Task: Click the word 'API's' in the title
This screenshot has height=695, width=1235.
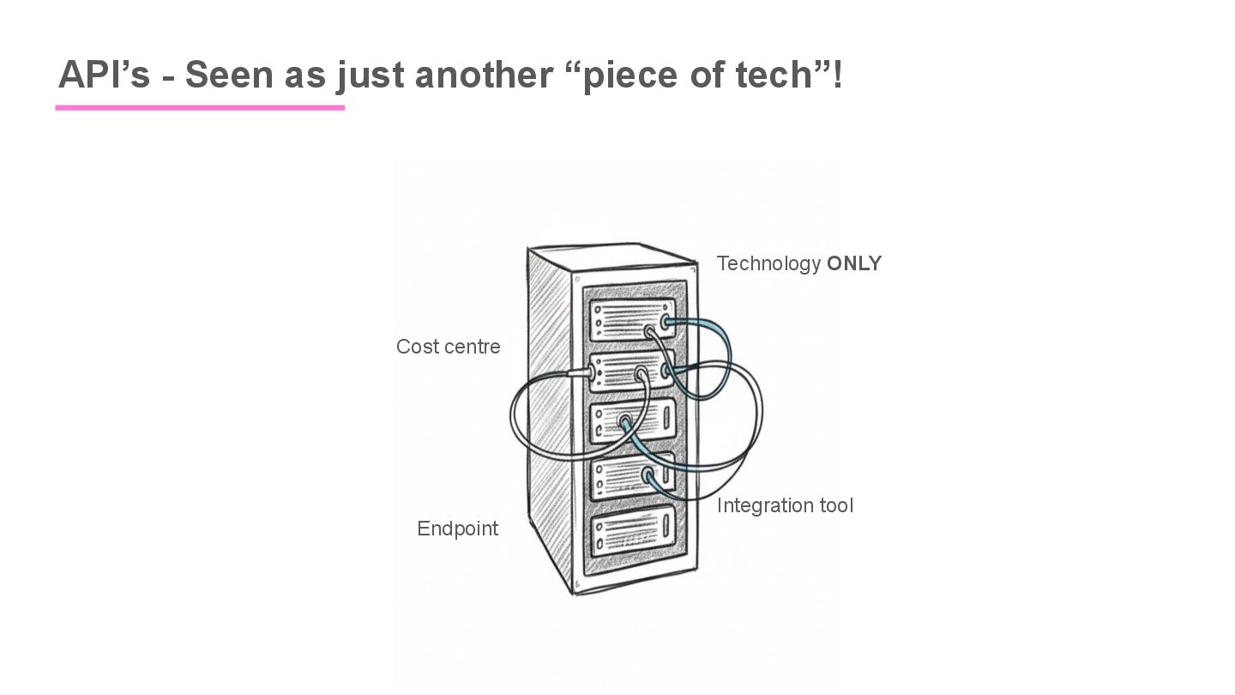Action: click(x=104, y=75)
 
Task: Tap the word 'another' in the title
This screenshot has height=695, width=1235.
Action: click(x=484, y=75)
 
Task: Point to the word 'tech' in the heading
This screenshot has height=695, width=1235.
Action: click(x=773, y=75)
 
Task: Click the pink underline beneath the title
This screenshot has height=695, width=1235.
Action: click(x=200, y=108)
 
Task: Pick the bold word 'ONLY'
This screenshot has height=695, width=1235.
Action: click(x=854, y=263)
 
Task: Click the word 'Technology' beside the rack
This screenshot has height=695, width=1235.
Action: click(x=768, y=263)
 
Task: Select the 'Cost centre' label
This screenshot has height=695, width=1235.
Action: click(x=448, y=347)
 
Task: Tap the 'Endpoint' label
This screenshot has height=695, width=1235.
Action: click(x=457, y=529)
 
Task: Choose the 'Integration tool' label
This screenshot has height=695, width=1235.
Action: click(x=785, y=505)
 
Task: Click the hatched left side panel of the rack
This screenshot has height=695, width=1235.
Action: click(x=550, y=412)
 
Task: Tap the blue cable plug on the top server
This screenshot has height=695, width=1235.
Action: click(x=663, y=324)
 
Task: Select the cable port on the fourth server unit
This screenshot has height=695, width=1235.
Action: click(x=648, y=474)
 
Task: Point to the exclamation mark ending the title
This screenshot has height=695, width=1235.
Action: click(x=838, y=75)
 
